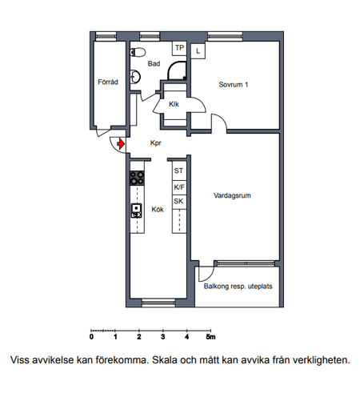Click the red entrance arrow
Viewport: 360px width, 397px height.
121,144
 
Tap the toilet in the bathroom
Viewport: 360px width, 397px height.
138,52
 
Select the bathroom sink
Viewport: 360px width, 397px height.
135,77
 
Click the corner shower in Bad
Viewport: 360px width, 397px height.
177,70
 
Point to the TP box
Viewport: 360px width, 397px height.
179,48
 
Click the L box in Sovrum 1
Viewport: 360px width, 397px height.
198,51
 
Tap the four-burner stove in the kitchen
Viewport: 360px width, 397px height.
137,178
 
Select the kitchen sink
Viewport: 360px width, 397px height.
136,211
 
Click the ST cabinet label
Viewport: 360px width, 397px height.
178,170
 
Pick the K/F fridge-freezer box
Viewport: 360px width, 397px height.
179,187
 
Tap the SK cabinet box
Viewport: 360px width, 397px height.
179,202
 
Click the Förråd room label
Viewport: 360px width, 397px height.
108,82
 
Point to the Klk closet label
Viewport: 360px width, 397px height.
174,104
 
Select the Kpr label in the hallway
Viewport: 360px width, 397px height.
156,143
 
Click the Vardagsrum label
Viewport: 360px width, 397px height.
232,195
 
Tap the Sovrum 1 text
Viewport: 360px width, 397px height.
234,85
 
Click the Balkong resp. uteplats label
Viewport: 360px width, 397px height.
238,287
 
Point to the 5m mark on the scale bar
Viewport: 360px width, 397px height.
210,337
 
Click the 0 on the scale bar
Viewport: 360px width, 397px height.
91,337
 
